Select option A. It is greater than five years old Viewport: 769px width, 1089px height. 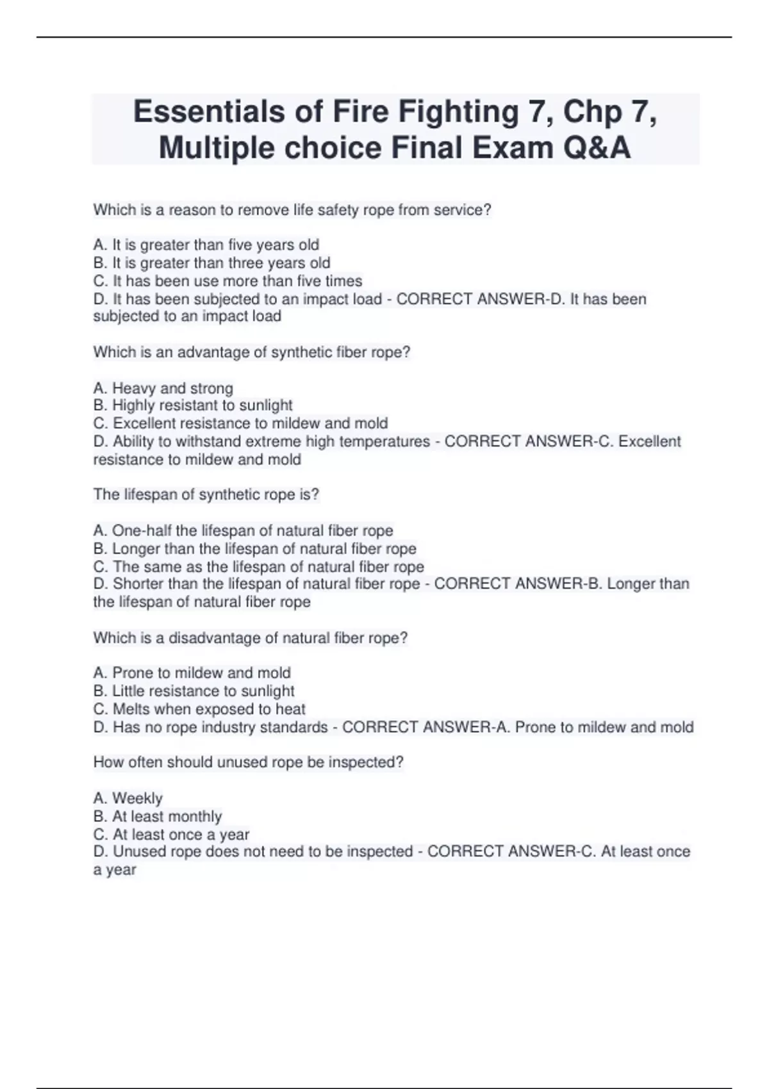[x=206, y=245]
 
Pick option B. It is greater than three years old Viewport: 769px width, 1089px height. [x=211, y=263]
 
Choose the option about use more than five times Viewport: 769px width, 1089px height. [x=227, y=281]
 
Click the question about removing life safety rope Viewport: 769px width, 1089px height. [x=292, y=209]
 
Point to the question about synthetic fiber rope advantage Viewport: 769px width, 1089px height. [x=251, y=352]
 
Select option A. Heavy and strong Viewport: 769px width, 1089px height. [x=163, y=388]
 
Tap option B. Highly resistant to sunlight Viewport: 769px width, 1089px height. [x=192, y=405]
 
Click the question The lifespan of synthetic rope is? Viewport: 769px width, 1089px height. [x=206, y=494]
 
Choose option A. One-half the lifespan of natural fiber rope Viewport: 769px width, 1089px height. [x=243, y=530]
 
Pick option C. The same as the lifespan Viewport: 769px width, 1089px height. [x=258, y=566]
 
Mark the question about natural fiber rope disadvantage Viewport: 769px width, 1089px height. [x=250, y=637]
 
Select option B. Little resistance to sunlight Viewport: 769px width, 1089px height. [x=194, y=691]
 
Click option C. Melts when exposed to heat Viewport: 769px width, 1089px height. [x=199, y=708]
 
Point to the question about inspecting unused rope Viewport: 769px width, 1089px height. [x=248, y=762]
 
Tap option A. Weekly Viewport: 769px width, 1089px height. [x=128, y=798]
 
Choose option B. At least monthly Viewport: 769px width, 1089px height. [x=157, y=816]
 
